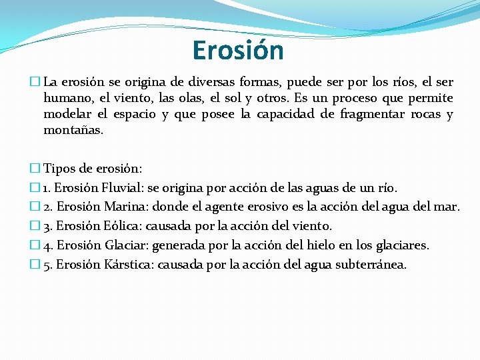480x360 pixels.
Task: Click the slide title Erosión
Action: [x=238, y=50]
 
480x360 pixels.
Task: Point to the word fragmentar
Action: [x=370, y=114]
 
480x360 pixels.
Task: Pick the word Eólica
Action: [x=123, y=226]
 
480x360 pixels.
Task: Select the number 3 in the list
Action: [x=47, y=227]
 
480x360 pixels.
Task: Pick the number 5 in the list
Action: [x=47, y=265]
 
